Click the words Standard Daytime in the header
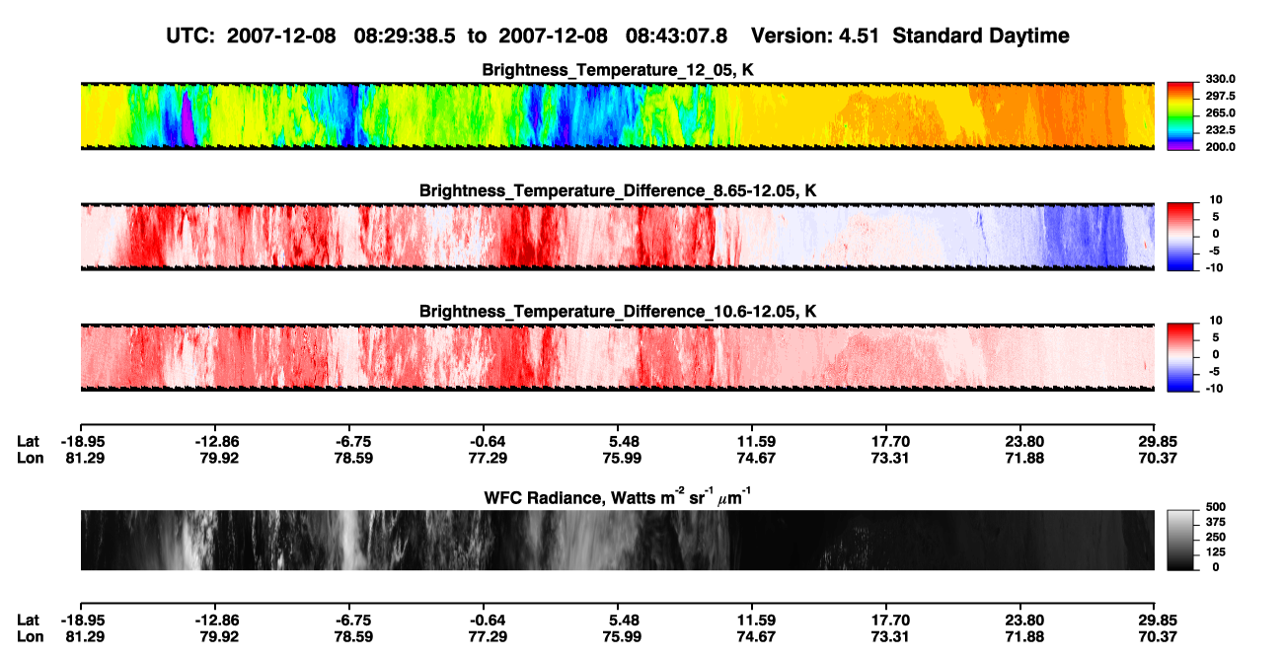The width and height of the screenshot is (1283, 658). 981,36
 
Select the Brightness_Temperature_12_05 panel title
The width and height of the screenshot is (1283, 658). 618,70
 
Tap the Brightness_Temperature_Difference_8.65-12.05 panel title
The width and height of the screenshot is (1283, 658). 618,190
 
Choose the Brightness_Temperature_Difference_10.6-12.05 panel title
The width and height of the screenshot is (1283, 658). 618,312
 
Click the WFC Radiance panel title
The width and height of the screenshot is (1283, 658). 618,497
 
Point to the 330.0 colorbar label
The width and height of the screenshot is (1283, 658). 1220,79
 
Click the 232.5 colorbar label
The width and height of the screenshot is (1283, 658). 1220,130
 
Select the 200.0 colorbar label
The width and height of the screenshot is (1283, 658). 1220,147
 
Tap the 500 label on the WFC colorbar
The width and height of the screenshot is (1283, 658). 1216,507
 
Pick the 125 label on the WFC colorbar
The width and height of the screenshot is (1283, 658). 1216,552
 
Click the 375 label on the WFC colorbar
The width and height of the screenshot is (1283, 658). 1216,522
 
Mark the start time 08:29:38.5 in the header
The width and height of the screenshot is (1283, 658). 405,36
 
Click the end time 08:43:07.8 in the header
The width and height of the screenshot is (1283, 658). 676,36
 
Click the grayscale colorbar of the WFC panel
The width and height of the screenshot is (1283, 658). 1180,540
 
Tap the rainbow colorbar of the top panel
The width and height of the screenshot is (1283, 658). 1180,116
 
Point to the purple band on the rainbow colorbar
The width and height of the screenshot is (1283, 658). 1180,145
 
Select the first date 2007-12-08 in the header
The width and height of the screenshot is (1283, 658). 281,36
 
